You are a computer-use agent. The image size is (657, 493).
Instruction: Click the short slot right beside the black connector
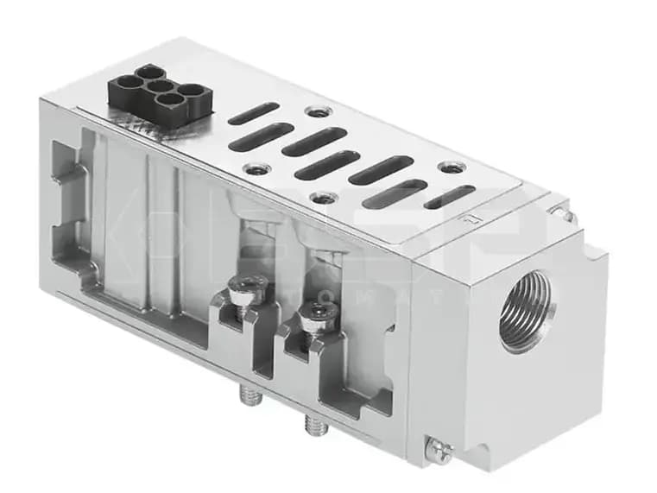click(x=253, y=113)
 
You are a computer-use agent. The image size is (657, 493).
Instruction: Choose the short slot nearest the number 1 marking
click(x=449, y=197)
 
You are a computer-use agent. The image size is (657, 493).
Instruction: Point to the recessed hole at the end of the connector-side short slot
click(x=320, y=111)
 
